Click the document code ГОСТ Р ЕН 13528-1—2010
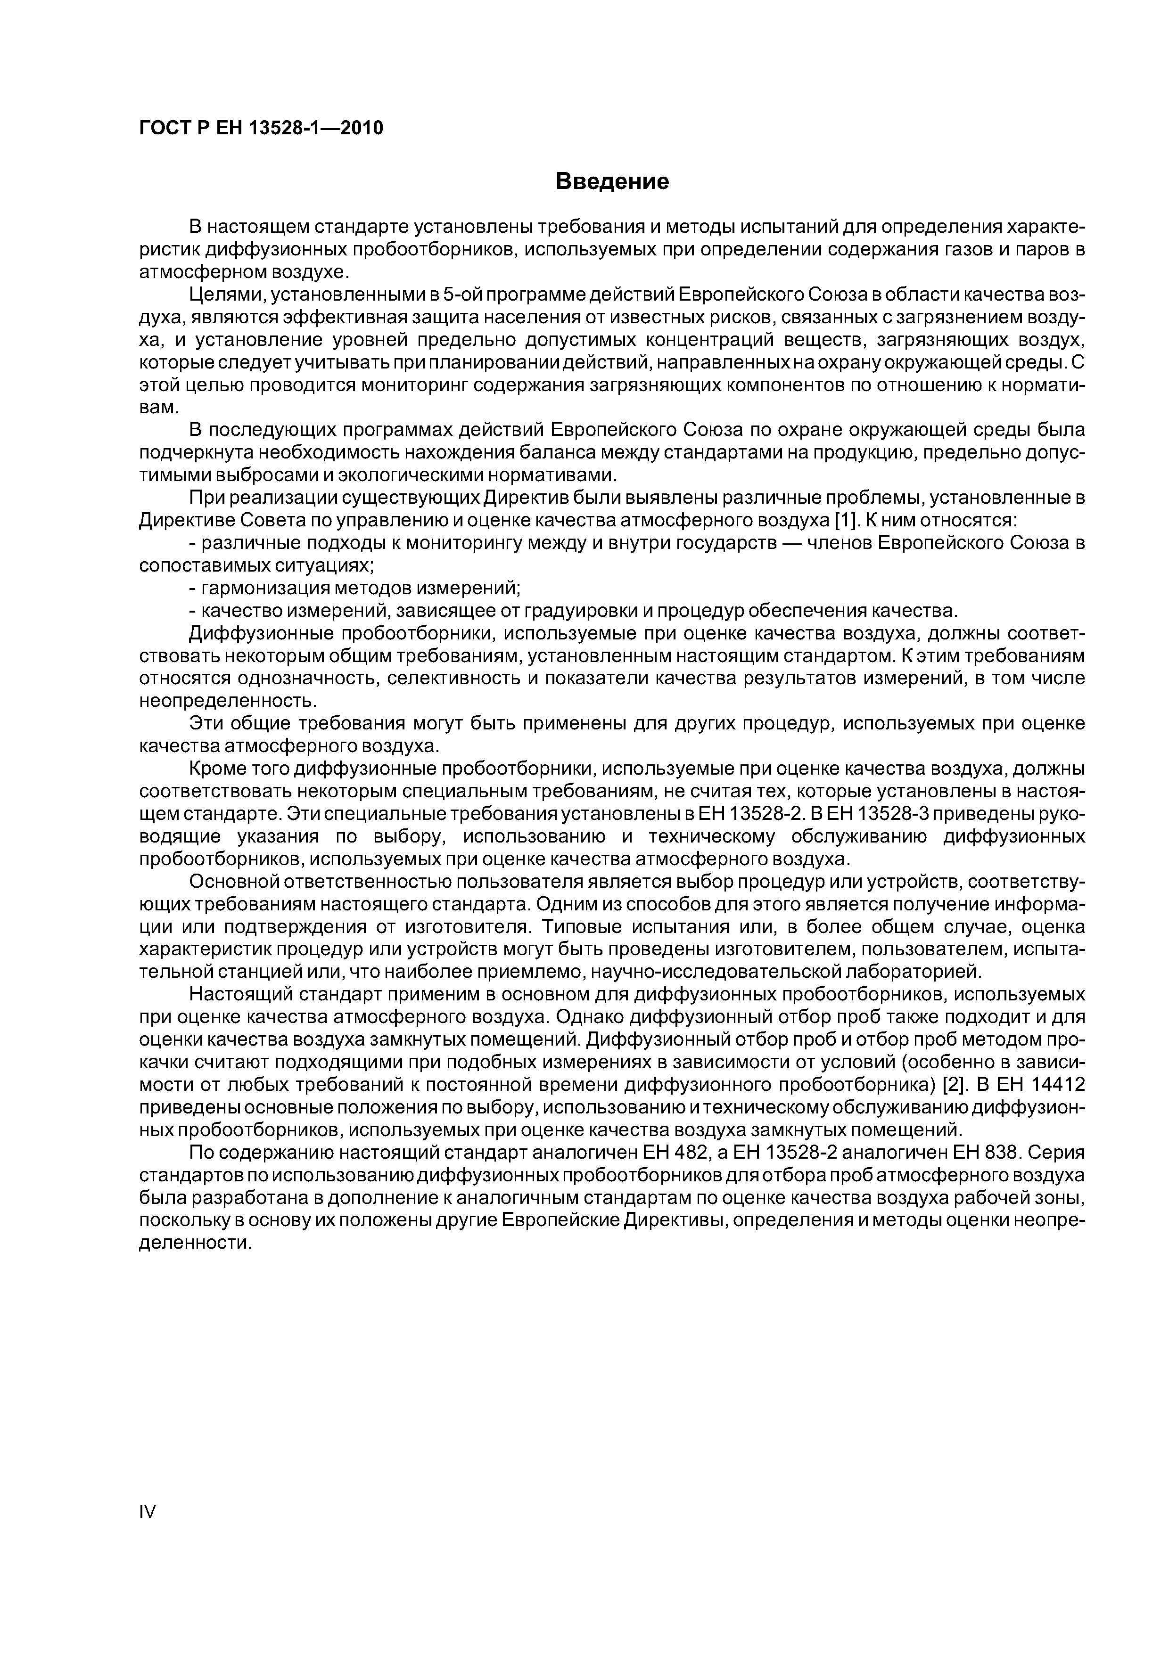(x=261, y=128)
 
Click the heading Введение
(x=612, y=181)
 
